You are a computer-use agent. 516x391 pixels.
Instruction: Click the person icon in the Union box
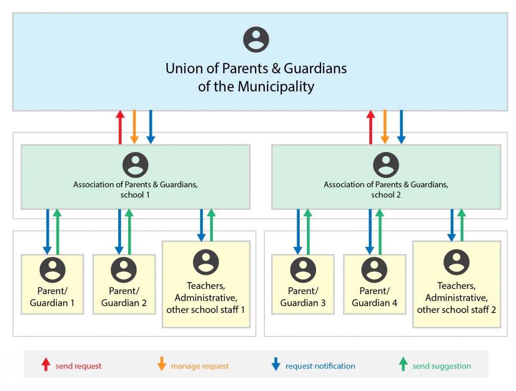[256, 40]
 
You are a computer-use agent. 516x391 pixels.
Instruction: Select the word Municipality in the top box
[276, 87]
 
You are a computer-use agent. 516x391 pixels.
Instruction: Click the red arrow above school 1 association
[120, 127]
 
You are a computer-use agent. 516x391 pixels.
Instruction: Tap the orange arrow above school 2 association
[385, 127]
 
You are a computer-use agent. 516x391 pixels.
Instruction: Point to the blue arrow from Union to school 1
[150, 127]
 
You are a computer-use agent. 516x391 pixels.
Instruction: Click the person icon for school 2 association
[386, 165]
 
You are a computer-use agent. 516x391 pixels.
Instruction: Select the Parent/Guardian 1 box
[52, 284]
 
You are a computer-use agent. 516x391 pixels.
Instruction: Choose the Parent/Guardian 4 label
[374, 297]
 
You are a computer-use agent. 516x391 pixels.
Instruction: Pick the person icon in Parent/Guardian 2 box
[124, 270]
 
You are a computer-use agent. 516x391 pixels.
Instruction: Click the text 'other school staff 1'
[206, 309]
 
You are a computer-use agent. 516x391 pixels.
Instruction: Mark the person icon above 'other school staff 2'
[456, 261]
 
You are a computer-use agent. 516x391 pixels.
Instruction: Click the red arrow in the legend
[46, 365]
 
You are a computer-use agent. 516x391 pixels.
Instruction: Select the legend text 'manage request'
[200, 366]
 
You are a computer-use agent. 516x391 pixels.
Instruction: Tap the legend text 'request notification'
[320, 366]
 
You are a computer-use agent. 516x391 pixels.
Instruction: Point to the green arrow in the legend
[403, 365]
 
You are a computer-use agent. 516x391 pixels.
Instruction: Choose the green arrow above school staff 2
[461, 225]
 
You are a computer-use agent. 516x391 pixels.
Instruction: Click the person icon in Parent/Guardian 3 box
[303, 270]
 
